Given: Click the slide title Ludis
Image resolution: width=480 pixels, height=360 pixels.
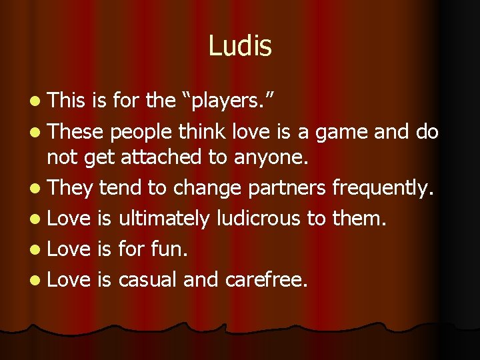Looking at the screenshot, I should coord(240,46).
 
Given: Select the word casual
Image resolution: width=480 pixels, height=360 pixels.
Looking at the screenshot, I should coord(147,280).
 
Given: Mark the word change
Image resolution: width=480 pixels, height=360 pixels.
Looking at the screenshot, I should coord(207,189).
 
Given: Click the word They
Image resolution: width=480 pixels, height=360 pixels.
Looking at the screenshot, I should coord(70,189).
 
